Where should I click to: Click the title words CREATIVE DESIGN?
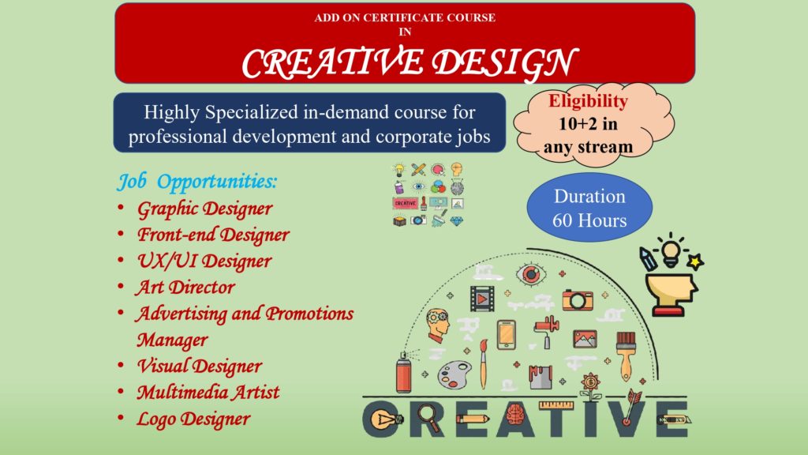click(x=410, y=62)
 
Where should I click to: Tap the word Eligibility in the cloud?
click(x=588, y=101)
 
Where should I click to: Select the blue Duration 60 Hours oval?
click(x=589, y=208)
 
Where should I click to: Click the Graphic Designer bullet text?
click(x=204, y=209)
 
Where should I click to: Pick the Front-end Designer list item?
click(x=213, y=235)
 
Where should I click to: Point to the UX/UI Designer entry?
click(x=204, y=261)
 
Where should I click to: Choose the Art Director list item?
click(x=185, y=288)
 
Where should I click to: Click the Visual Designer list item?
click(x=200, y=367)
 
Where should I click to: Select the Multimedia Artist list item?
click(x=208, y=393)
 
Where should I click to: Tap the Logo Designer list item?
click(x=193, y=419)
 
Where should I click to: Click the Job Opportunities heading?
click(x=196, y=182)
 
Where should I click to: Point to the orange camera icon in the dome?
click(x=577, y=299)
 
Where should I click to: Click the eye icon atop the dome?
click(x=531, y=273)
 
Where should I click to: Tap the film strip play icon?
click(x=482, y=298)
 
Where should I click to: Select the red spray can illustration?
click(x=404, y=372)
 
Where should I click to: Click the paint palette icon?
click(x=454, y=374)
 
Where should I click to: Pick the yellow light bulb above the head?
click(x=671, y=251)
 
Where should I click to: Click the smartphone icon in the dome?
click(x=506, y=334)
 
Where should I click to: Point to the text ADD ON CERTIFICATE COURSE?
click(x=405, y=17)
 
